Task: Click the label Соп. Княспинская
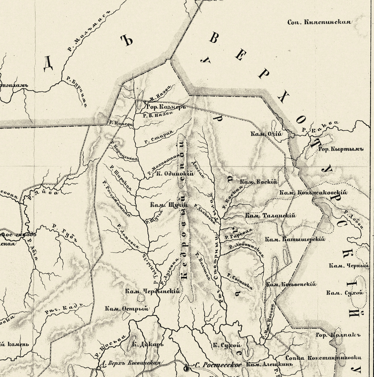click(319, 22)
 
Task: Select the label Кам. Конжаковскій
click(313, 193)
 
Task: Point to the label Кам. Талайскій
click(271, 216)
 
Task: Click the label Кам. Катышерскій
click(295, 239)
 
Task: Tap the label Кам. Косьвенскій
click(291, 284)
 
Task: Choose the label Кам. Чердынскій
click(152, 291)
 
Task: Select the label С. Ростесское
click(218, 365)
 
